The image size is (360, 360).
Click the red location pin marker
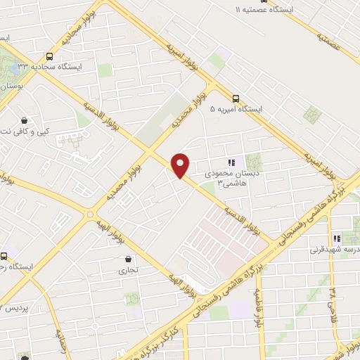coord(181,164)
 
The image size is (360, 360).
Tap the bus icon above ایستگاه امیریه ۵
coord(236,99)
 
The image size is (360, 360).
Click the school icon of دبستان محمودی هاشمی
coord(231,162)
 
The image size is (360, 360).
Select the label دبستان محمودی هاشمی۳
coord(218,178)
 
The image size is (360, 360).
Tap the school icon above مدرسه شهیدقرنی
coord(336,238)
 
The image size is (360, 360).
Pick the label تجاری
coord(128,270)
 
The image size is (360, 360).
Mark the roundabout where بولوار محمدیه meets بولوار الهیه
coord(89,213)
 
